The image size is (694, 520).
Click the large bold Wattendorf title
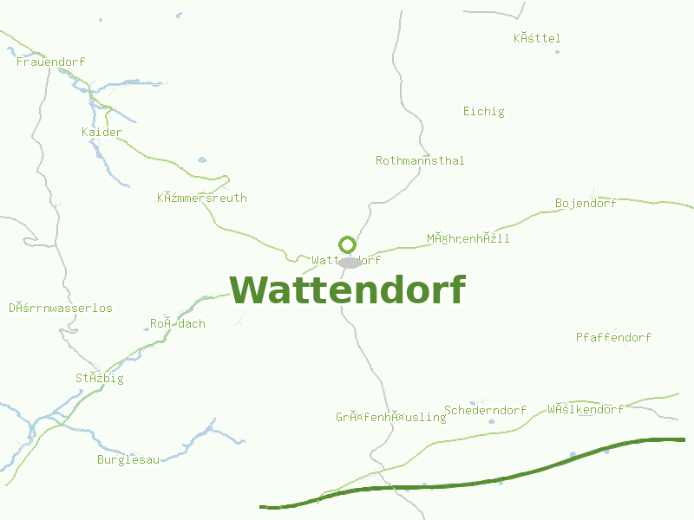348,290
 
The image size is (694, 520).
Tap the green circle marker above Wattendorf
347,244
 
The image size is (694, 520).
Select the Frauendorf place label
50,62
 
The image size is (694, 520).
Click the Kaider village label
101,132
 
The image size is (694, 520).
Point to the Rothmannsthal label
420,160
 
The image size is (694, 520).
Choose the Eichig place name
483,111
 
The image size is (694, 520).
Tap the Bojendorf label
586,203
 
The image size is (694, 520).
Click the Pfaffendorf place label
613,337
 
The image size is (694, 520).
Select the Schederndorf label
485,410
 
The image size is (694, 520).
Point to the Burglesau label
128,459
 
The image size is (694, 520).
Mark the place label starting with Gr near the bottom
390,417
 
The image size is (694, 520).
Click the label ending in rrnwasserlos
61,308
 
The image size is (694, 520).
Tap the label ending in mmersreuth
202,198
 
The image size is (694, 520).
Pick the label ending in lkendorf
586,409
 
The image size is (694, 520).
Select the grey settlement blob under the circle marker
350,262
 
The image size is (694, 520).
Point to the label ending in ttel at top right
537,38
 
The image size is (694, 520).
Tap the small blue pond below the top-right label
557,52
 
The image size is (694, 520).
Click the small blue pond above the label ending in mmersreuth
202,159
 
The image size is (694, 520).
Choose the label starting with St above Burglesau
100,378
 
